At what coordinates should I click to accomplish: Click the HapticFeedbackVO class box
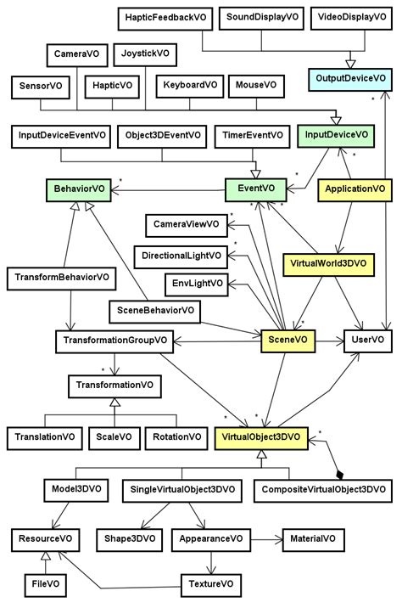pyautogui.click(x=164, y=17)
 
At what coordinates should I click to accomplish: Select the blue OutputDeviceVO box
pyautogui.click(x=350, y=79)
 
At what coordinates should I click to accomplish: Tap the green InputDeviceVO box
pyautogui.click(x=336, y=134)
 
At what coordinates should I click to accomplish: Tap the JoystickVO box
pyautogui.click(x=145, y=53)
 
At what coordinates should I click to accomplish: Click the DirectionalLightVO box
pyautogui.click(x=179, y=255)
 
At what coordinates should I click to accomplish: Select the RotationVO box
pyautogui.click(x=176, y=437)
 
